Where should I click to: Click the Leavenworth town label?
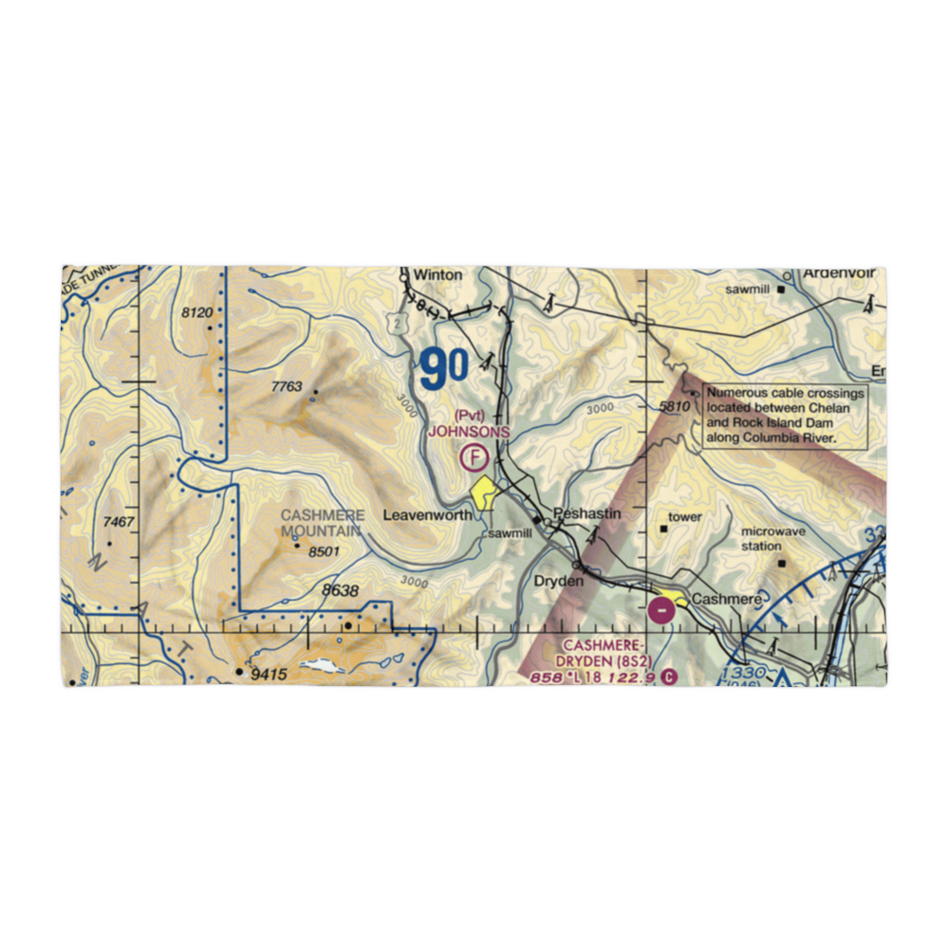coord(427,515)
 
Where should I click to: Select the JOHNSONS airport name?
coord(469,431)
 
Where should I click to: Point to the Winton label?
coord(437,275)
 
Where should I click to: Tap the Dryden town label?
coord(557,581)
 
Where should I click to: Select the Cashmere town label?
coord(726,600)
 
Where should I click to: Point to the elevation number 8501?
coord(324,552)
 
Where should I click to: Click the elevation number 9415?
coord(268,675)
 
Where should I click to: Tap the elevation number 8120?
coord(198,312)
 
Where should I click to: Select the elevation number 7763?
coord(286,386)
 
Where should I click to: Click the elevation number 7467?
coord(120,523)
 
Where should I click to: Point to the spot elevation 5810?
coord(672,407)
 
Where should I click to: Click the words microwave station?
coord(773,539)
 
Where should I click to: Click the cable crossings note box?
coord(785,416)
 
